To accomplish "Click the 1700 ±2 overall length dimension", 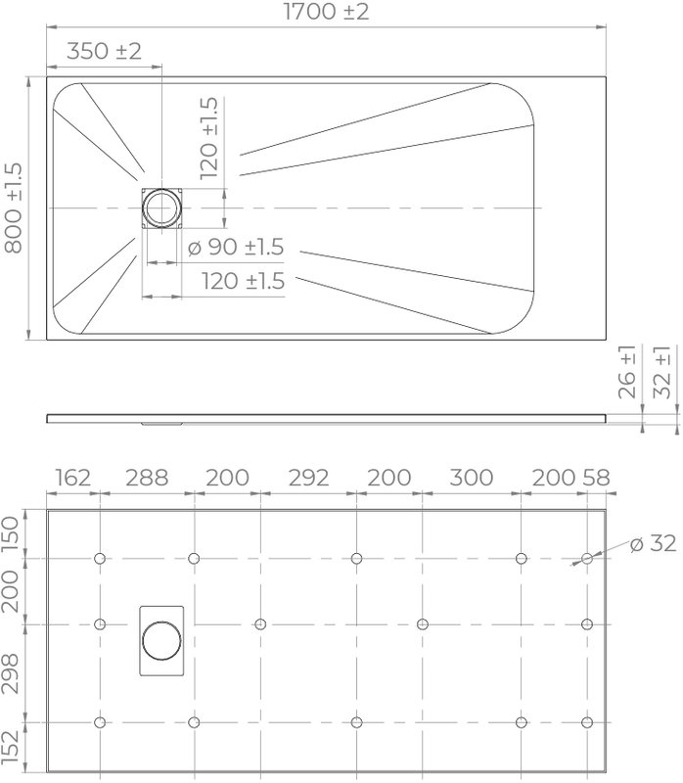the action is click(327, 12).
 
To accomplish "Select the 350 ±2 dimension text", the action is click(104, 51).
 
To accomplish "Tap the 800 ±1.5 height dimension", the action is click(14, 207).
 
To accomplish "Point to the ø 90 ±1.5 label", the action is click(236, 247).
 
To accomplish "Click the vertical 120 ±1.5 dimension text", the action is click(208, 138).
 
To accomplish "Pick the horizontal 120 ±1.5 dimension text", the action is click(243, 281).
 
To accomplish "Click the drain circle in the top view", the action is click(161, 207).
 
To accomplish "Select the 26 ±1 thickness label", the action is click(627, 372).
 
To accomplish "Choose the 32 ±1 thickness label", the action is click(662, 372).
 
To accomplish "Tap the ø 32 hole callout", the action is click(653, 543).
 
